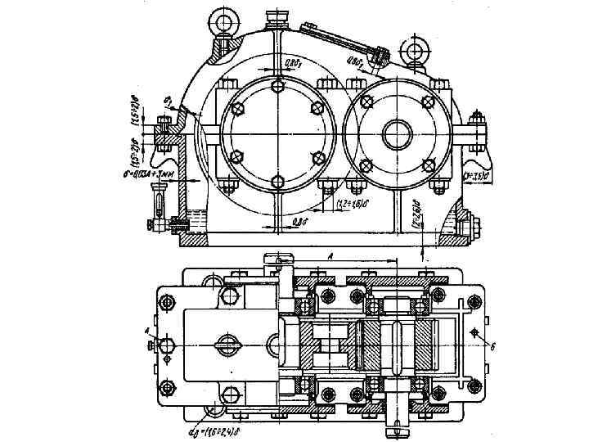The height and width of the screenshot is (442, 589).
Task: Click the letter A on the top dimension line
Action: click(x=330, y=255)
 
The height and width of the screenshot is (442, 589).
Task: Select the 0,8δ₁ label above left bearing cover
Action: click(x=293, y=63)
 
